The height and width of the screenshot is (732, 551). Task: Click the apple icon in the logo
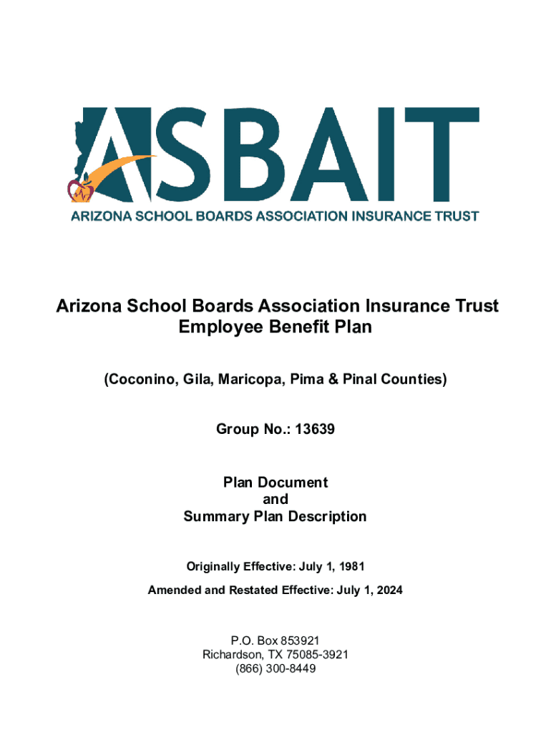pos(78,190)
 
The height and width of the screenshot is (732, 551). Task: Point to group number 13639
pos(313,430)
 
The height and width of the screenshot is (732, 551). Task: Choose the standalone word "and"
pos(275,499)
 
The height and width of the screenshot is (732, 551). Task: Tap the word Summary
pos(215,516)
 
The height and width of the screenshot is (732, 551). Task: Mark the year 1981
pos(351,567)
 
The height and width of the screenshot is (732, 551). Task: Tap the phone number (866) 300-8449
pos(275,669)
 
